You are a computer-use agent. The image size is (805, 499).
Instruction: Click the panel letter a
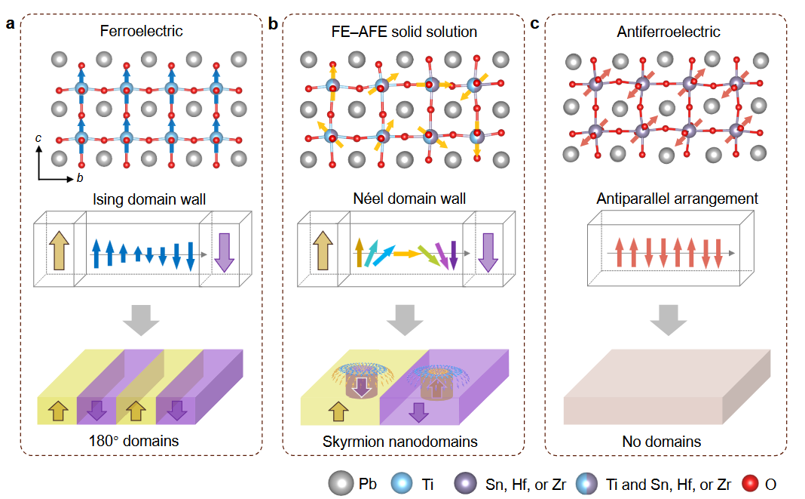[11, 23]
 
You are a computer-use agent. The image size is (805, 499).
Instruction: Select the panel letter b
[273, 23]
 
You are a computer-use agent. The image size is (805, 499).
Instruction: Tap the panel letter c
[534, 23]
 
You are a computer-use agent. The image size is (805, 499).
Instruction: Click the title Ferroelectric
[141, 32]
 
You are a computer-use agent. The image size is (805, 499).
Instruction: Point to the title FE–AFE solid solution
[403, 32]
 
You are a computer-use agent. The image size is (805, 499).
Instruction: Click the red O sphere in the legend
[751, 482]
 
